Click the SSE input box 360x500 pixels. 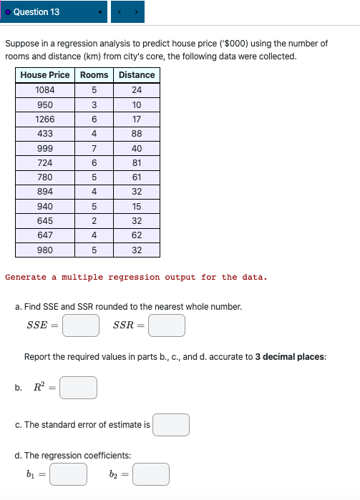80,325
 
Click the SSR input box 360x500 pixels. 167,325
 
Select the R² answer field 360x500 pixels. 78,388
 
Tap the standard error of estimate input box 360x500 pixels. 171,425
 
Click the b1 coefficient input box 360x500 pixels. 69,474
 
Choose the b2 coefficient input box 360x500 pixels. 151,474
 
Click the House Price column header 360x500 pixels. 45,75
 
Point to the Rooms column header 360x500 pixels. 94,75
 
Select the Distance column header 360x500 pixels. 137,75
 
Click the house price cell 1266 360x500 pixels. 45,119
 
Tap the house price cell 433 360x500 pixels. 45,134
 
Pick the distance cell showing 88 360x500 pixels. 137,134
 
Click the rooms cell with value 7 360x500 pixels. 94,148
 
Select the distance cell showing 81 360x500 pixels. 137,163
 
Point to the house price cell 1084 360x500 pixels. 45,90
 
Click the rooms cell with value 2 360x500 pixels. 94,221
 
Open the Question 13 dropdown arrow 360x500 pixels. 100,12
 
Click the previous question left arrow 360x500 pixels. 119,12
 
